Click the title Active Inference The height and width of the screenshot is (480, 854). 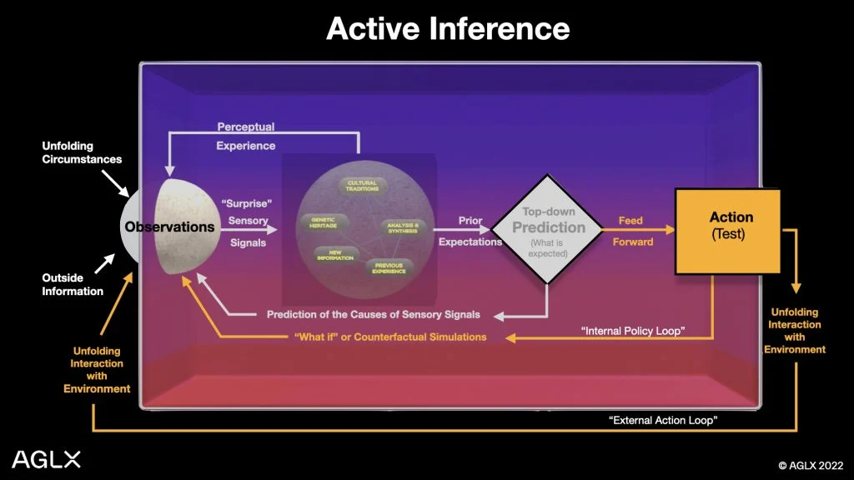click(448, 29)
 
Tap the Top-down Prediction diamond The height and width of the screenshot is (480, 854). click(548, 228)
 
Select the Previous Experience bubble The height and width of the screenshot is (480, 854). click(388, 268)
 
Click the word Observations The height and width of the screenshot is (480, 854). click(169, 227)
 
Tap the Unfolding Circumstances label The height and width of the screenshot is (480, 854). click(82, 152)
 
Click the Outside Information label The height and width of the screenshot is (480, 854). click(73, 284)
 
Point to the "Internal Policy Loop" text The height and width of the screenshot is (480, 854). click(632, 332)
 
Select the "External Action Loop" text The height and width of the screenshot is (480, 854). click(663, 421)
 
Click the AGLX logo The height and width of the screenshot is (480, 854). click(47, 458)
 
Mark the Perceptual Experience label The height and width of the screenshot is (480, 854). click(246, 137)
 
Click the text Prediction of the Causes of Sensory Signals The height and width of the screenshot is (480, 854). click(373, 315)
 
